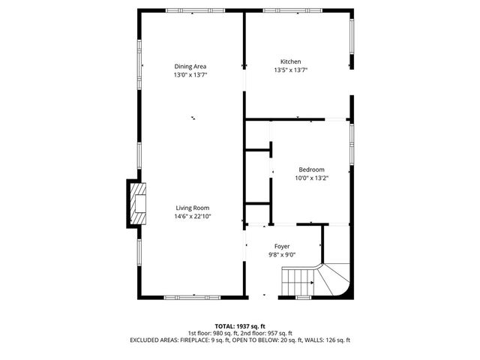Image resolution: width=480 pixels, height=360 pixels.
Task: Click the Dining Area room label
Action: click(x=190, y=66)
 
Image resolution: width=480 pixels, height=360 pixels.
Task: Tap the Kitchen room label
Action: click(x=291, y=61)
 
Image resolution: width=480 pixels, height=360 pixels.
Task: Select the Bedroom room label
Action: click(x=311, y=169)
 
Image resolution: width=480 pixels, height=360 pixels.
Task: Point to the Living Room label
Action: click(x=193, y=208)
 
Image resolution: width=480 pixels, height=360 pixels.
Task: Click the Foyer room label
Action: click(x=282, y=246)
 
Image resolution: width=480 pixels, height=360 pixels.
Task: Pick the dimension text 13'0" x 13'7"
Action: click(x=190, y=74)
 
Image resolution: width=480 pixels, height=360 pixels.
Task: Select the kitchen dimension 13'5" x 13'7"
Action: click(x=291, y=70)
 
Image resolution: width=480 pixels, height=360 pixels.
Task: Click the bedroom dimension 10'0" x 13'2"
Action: click(x=311, y=178)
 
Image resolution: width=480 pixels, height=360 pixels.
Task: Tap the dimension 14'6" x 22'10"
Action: click(x=193, y=216)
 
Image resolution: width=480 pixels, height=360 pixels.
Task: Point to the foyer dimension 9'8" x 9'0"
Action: click(x=282, y=254)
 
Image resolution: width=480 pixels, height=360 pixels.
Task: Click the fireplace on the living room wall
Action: click(x=136, y=202)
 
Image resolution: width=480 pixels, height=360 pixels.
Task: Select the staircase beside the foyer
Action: click(x=315, y=281)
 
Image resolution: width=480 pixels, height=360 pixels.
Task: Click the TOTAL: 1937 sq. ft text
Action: click(x=240, y=326)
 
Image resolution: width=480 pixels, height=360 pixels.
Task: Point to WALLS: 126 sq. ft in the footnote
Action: click(x=327, y=340)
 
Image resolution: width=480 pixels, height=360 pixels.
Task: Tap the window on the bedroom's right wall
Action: click(x=351, y=142)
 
